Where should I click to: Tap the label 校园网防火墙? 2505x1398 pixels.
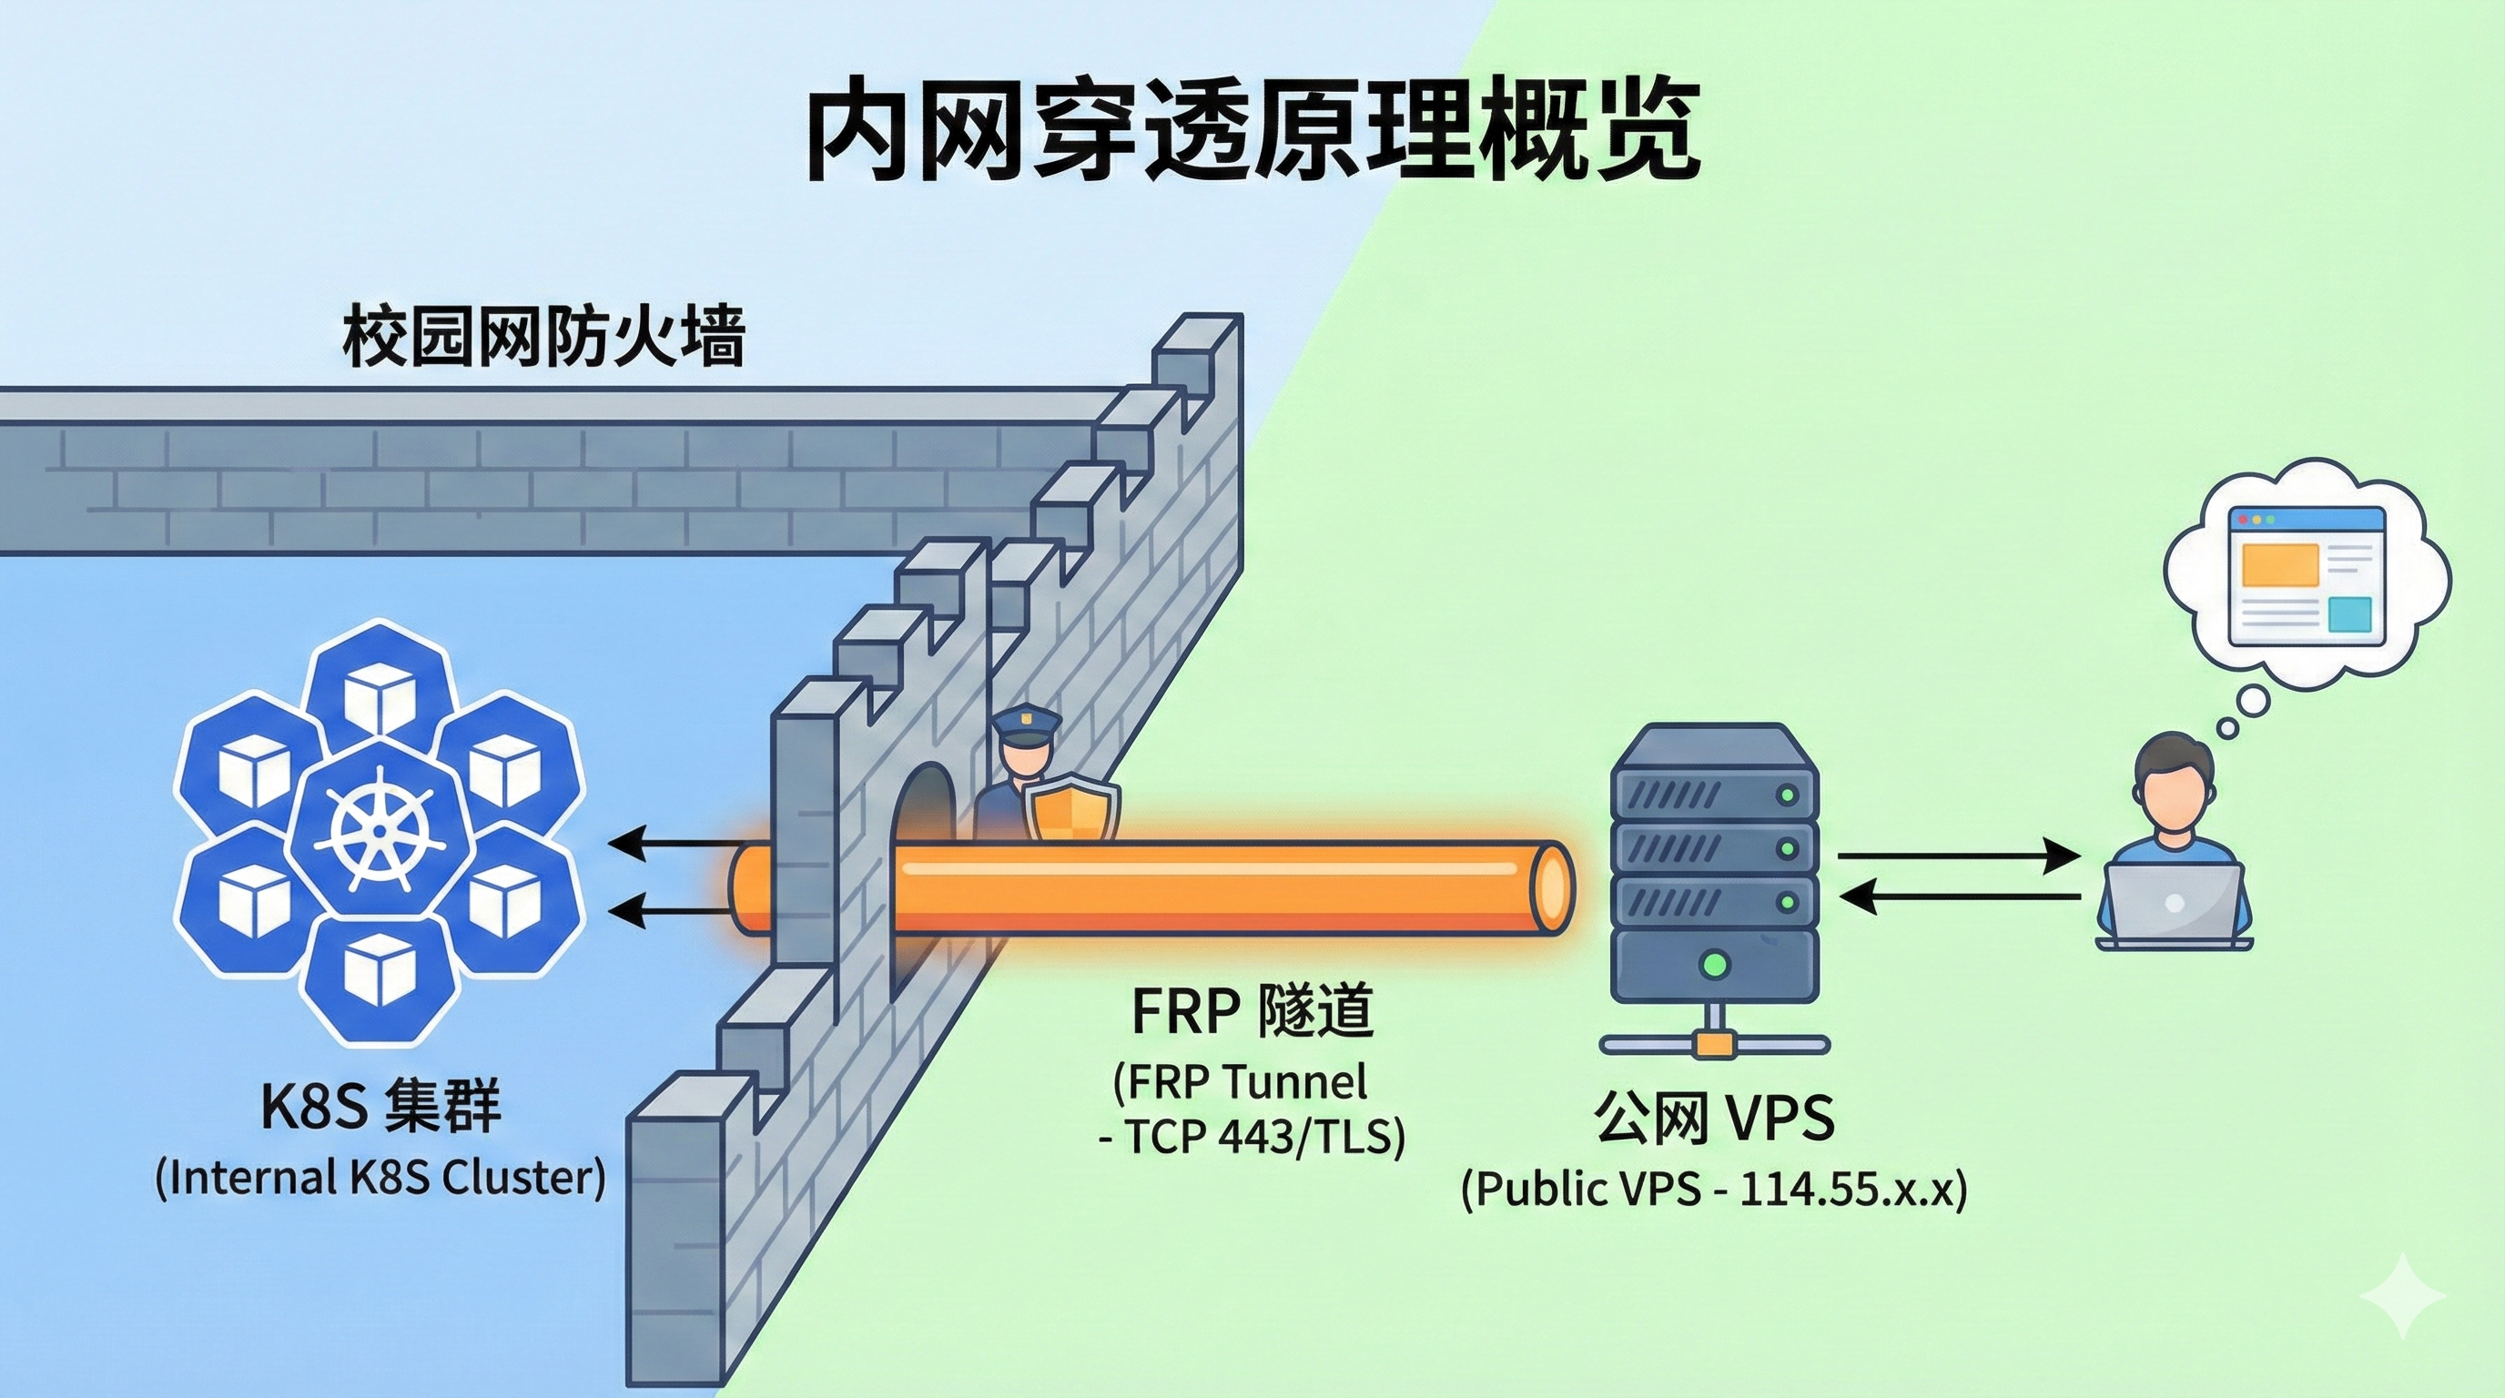point(543,338)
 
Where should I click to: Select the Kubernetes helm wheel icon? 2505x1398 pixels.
point(378,827)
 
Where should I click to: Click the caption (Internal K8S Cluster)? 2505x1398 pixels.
point(380,1179)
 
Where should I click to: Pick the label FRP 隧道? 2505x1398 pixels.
point(1252,1011)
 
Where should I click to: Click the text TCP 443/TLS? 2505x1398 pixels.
point(1264,1137)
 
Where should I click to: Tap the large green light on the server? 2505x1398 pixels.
point(1717,966)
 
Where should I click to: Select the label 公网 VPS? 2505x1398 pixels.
point(1713,1118)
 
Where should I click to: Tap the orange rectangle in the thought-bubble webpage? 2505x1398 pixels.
point(2278,565)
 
